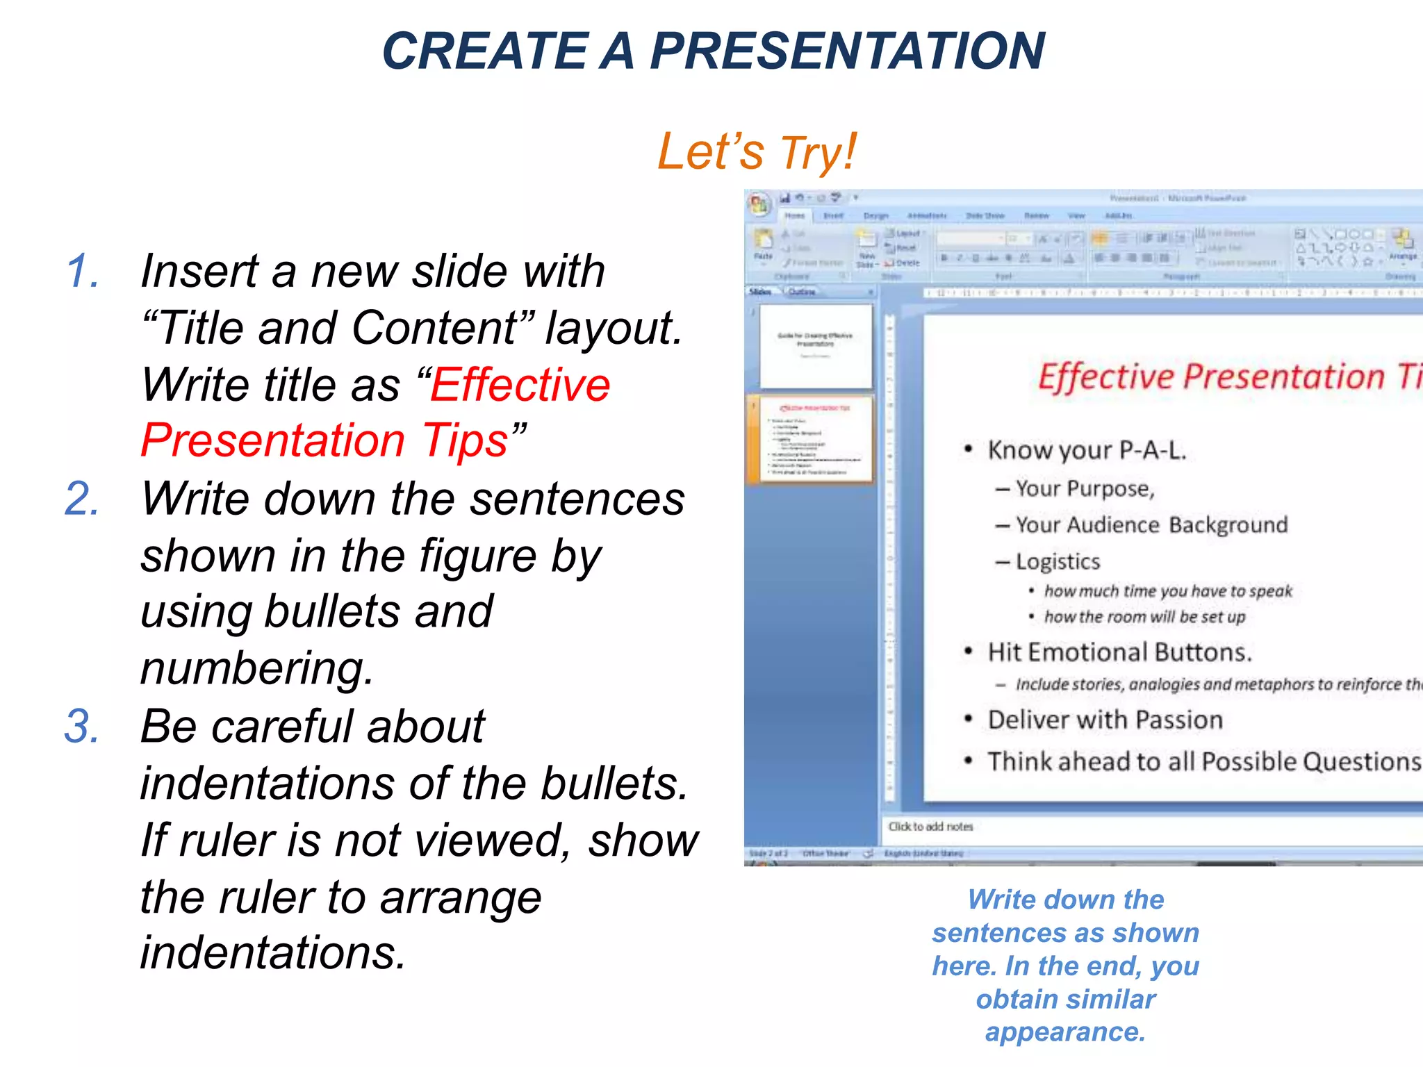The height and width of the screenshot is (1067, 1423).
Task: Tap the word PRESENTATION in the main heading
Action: click(x=847, y=51)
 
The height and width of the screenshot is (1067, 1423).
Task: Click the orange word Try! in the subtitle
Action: click(x=819, y=152)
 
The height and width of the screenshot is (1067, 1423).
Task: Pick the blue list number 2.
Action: click(x=83, y=499)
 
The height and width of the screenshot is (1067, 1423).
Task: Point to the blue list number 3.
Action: click(x=83, y=727)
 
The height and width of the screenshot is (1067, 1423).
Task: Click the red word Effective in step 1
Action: click(x=520, y=385)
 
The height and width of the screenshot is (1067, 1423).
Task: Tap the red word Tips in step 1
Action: click(x=466, y=441)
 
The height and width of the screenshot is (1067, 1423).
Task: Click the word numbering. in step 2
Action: click(x=257, y=668)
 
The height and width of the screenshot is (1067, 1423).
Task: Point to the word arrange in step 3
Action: click(x=461, y=897)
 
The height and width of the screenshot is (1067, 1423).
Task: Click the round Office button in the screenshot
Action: click(x=759, y=204)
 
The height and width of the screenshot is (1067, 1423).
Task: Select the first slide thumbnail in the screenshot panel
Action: click(x=816, y=346)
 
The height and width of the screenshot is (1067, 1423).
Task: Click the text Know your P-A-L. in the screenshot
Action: click(x=1087, y=450)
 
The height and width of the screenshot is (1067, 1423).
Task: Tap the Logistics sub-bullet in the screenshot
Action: click(x=1058, y=561)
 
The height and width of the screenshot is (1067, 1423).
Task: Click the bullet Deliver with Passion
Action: click(x=1105, y=720)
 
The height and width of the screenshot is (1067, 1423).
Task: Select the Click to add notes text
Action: click(x=930, y=827)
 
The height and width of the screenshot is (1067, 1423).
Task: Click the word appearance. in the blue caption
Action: click(x=1065, y=1032)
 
